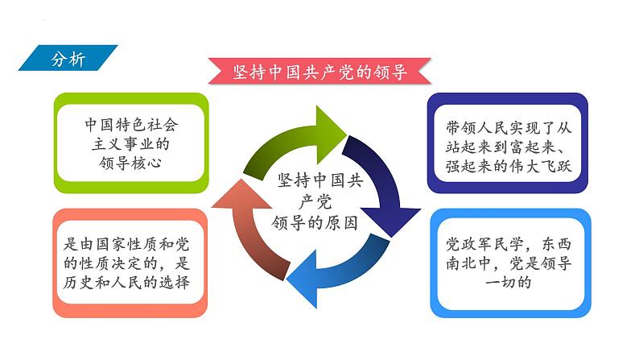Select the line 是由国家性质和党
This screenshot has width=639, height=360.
pyautogui.click(x=130, y=242)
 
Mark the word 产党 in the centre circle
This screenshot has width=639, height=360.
pyautogui.click(x=315, y=201)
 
